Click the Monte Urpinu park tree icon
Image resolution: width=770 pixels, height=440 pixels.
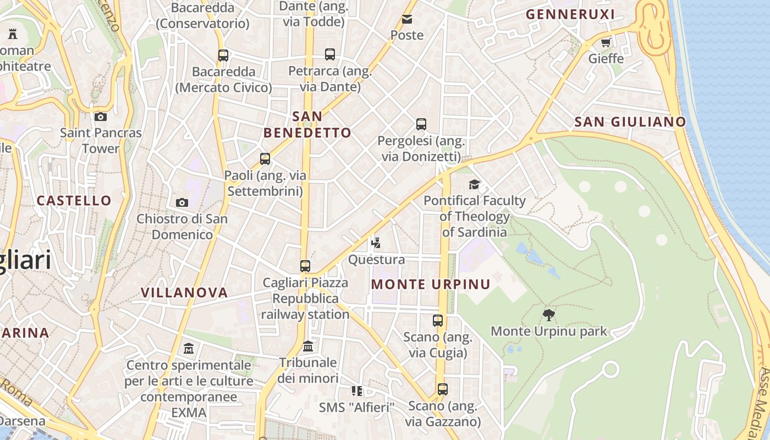pyautogui.click(x=548, y=315)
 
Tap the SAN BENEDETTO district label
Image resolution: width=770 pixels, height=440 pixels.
pyautogui.click(x=307, y=125)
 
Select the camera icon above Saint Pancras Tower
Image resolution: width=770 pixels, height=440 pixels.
pyautogui.click(x=101, y=117)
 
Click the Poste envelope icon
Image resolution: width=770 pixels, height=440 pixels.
pyautogui.click(x=407, y=19)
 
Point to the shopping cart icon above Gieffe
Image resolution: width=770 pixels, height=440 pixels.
pyautogui.click(x=606, y=42)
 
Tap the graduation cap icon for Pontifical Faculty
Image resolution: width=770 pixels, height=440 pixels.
pyautogui.click(x=474, y=184)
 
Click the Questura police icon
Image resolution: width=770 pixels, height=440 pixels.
pyautogui.click(x=376, y=243)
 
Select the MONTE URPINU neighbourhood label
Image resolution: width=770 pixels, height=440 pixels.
pyautogui.click(x=431, y=284)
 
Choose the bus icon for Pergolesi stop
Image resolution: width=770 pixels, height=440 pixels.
pyautogui.click(x=421, y=124)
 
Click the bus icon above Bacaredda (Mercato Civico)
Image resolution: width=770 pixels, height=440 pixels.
pyautogui.click(x=223, y=56)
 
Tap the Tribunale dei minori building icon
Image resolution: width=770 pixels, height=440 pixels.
pyautogui.click(x=308, y=346)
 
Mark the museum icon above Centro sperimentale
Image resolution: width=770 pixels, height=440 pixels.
pyautogui.click(x=189, y=349)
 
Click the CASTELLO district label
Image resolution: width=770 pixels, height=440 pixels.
pyautogui.click(x=74, y=201)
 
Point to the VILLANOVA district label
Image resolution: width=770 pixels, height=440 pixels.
pyautogui.click(x=184, y=293)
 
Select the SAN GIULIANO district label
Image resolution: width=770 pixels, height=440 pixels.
pyautogui.click(x=630, y=122)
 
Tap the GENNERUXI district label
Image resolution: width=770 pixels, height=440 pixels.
pyautogui.click(x=570, y=15)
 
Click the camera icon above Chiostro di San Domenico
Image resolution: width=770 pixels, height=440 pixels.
pyautogui.click(x=182, y=202)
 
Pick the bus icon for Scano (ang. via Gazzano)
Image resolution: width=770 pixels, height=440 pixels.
pyautogui.click(x=443, y=389)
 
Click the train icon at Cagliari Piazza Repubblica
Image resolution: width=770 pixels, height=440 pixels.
pyautogui.click(x=305, y=266)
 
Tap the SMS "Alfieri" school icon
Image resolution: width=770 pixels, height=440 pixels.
pyautogui.click(x=357, y=391)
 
